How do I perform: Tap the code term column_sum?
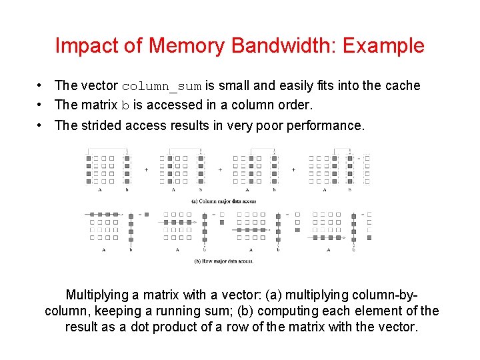click(162, 86)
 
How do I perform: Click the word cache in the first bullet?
click(403, 85)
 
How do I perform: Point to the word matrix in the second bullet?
click(102, 105)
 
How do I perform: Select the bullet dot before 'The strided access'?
click(41, 125)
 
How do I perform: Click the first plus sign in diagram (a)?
click(146, 169)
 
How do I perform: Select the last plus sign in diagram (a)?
click(293, 169)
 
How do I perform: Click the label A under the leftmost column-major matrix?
click(100, 190)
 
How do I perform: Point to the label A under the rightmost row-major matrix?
click(327, 250)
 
